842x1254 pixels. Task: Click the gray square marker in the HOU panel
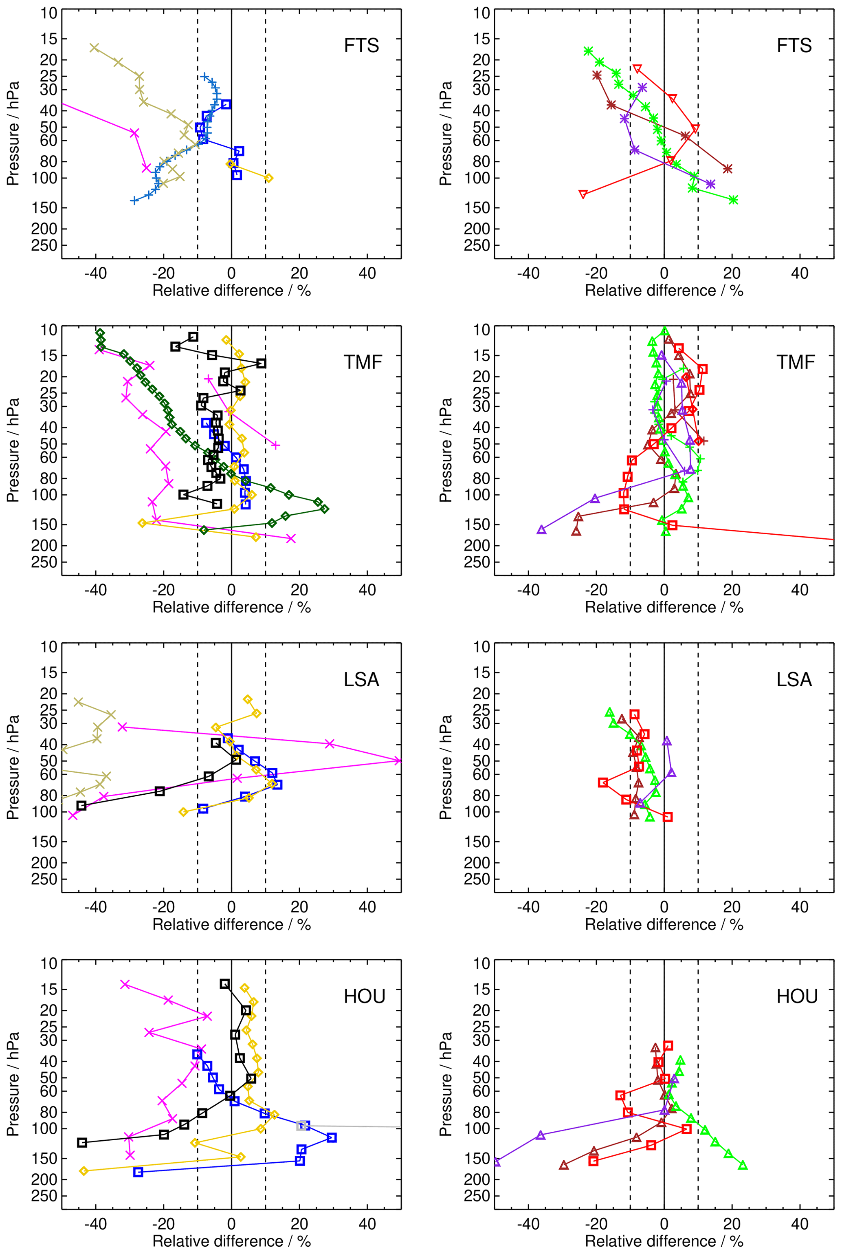pos(302,1126)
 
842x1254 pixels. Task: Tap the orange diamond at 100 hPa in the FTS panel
pos(269,178)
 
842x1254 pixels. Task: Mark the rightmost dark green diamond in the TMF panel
pos(324,509)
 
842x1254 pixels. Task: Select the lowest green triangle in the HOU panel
pos(743,1165)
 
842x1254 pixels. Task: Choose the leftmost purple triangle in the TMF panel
pos(541,530)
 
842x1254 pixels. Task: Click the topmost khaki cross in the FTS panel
pos(94,48)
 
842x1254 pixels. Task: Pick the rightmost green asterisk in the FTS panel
pos(734,200)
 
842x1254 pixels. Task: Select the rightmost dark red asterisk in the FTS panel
pos(728,169)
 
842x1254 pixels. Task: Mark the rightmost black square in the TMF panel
pos(261,363)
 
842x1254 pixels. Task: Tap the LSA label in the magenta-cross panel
pos(361,680)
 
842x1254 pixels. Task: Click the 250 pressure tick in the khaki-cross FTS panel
pos(49,245)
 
